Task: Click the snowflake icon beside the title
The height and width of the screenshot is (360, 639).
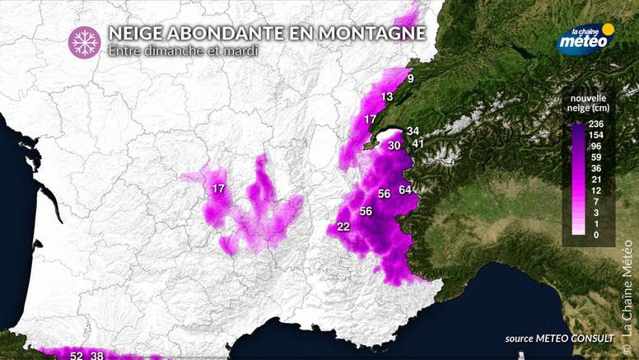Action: click(x=82, y=41)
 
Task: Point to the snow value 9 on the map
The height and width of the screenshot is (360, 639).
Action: click(x=410, y=80)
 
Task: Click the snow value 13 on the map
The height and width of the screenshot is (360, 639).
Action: click(x=387, y=97)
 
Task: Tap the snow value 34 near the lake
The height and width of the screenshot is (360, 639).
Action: click(x=413, y=131)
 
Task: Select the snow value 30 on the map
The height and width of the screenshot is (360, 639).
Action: click(x=394, y=145)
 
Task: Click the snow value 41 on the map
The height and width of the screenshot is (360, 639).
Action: click(x=418, y=144)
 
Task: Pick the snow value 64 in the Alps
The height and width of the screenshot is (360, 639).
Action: click(x=405, y=190)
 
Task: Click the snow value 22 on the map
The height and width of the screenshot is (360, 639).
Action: click(x=344, y=227)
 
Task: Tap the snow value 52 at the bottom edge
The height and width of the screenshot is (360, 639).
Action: click(x=77, y=355)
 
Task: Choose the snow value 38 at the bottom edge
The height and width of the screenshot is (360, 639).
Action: click(x=97, y=355)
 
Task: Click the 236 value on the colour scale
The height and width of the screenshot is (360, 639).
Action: click(x=595, y=124)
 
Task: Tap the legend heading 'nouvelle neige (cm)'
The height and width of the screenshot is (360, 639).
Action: click(x=587, y=102)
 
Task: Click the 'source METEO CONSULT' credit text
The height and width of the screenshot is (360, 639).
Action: click(x=560, y=339)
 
